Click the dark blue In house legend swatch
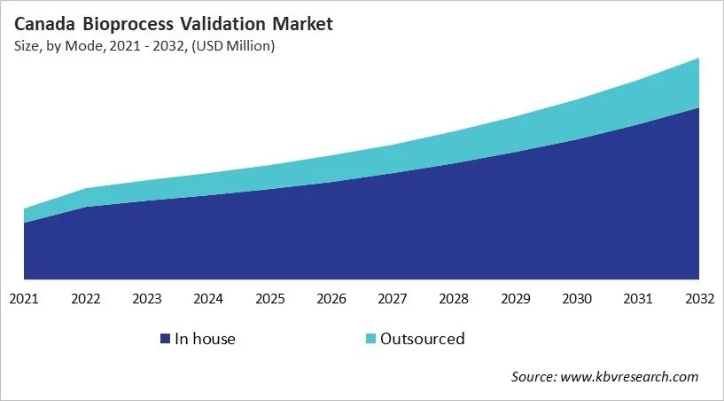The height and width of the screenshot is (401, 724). pyautogui.click(x=165, y=339)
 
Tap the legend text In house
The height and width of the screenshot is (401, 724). pyautogui.click(x=205, y=339)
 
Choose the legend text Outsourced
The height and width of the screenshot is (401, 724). pyautogui.click(x=422, y=339)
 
